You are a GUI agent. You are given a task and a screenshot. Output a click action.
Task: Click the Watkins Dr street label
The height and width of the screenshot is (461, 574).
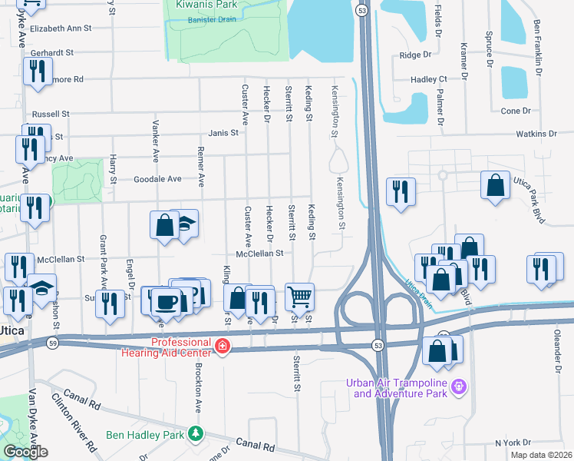536,134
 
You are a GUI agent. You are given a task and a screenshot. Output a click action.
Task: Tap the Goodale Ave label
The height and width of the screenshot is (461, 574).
158,179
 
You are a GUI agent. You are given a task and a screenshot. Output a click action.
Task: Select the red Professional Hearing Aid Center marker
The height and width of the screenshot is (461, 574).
223,347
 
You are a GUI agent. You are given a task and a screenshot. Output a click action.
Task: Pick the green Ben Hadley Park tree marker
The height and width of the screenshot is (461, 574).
196,433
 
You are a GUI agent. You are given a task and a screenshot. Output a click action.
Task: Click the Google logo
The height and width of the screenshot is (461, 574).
25,452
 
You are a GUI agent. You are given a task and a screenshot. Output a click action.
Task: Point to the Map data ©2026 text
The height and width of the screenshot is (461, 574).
541,455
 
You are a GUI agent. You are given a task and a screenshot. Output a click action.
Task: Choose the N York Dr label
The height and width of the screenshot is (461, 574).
513,443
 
